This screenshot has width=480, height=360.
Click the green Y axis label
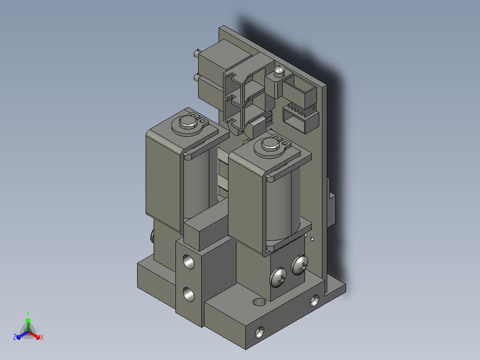tap(28, 313)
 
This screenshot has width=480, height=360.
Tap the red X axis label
tap(42, 337)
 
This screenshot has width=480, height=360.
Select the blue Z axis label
tap(15, 337)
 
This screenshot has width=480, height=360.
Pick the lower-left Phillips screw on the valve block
tap(278, 277)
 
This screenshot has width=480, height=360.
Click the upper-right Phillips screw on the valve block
tap(299, 265)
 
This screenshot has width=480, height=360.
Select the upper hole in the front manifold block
tap(189, 262)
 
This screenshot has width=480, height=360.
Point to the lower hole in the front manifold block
tap(189, 294)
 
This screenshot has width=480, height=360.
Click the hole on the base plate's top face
tap(259, 302)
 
